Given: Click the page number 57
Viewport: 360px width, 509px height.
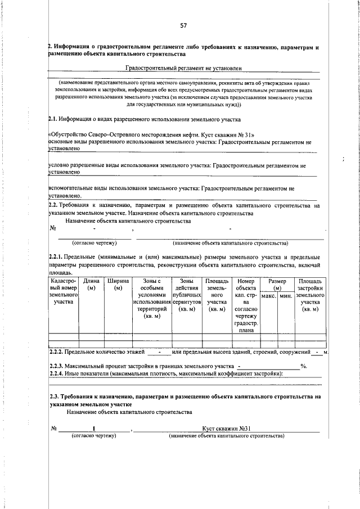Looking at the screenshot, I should tap(183, 25).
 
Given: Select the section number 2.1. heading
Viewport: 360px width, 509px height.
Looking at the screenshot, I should tap(54, 119).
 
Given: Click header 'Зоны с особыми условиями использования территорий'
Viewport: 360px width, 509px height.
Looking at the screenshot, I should tap(151, 298).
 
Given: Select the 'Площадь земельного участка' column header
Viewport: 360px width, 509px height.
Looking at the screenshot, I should tap(216, 295).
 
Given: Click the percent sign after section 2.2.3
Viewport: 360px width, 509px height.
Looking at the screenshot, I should tap(303, 366).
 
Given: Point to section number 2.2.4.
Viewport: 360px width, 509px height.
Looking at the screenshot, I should tap(59, 374).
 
